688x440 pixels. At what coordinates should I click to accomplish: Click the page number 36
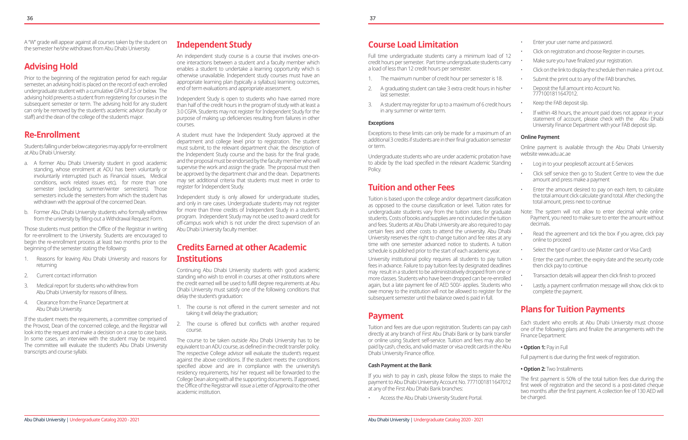30,18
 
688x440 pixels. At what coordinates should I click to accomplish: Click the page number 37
372,18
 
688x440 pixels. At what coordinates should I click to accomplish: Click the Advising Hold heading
51,66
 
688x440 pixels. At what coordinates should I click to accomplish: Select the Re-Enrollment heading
52,135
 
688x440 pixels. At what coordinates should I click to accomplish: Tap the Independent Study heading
214,45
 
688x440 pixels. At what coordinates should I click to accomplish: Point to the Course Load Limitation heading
413,45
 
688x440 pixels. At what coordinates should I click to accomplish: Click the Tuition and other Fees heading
411,187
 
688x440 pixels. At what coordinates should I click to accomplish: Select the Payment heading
385,316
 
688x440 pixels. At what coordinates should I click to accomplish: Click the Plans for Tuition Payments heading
572,309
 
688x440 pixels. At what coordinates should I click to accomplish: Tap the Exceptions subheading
381,123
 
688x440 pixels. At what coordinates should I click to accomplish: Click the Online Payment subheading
540,137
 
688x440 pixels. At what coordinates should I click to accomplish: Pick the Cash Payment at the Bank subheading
399,365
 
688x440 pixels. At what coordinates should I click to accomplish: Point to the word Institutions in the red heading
199,259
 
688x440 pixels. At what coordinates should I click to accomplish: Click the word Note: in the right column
526,212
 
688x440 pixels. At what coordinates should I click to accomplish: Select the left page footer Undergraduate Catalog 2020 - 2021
104,420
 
